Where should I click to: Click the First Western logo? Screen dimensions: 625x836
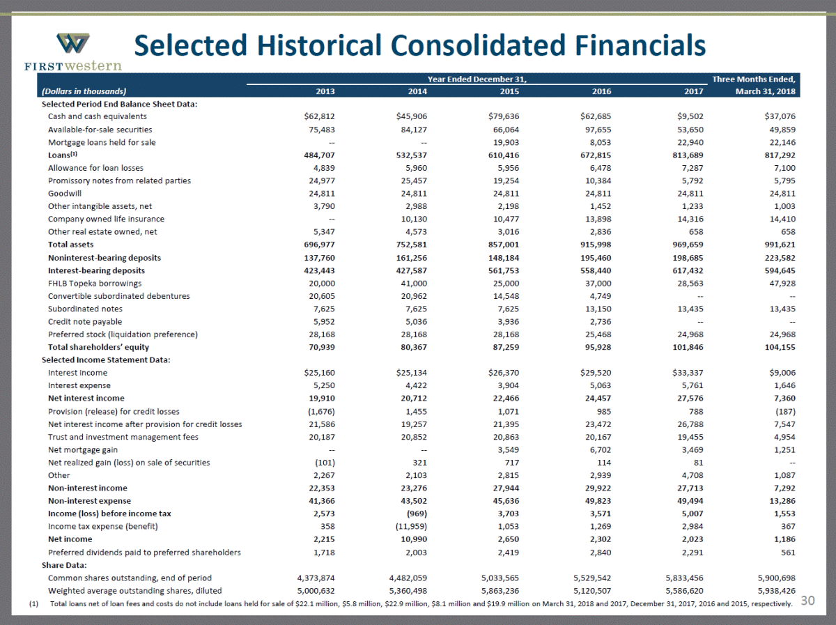tap(72, 50)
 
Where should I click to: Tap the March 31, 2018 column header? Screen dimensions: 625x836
tap(764, 91)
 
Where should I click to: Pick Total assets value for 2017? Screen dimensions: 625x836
tap(686, 245)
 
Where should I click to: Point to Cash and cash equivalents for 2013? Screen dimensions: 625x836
tap(318, 116)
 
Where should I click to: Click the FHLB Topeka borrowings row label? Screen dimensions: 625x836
tap(94, 283)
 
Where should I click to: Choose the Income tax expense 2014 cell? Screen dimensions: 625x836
tap(408, 526)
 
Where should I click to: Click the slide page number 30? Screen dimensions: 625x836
tap(807, 601)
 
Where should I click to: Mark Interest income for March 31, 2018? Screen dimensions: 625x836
tap(782, 373)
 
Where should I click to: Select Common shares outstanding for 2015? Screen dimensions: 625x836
tap(500, 578)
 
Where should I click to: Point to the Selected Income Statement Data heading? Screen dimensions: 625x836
tap(106, 360)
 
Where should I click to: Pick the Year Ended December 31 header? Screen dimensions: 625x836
tap(477, 78)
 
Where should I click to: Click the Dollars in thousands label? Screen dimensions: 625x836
tap(84, 91)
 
